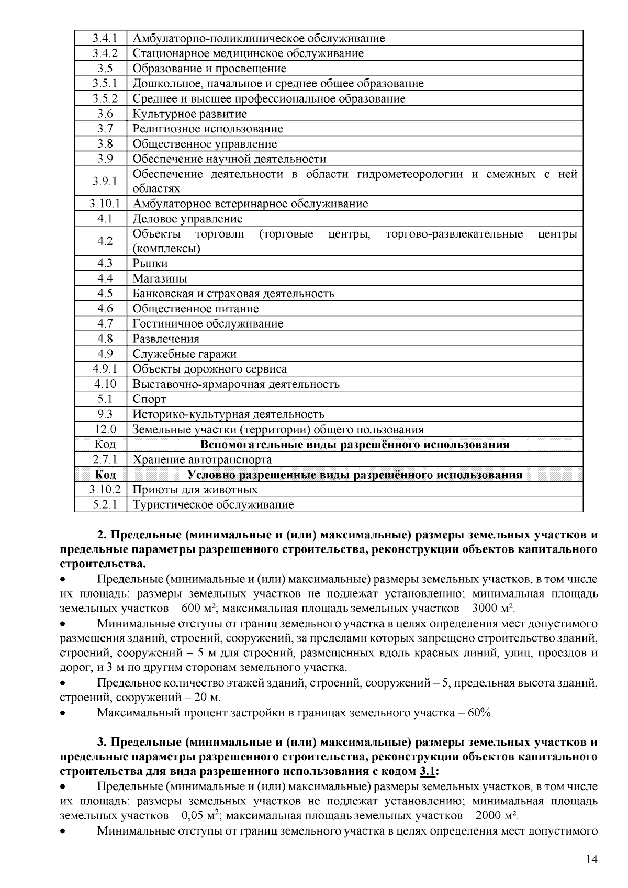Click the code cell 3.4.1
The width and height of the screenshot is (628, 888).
point(105,38)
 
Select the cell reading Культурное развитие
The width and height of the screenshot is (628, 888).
point(189,114)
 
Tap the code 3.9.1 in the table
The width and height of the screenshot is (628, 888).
point(105,181)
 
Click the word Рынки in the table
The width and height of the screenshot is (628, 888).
point(150,263)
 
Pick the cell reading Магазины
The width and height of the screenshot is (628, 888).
point(160,278)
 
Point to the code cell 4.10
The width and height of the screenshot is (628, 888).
point(105,384)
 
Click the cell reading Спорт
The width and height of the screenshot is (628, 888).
point(149,399)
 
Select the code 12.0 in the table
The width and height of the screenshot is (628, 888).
point(105,430)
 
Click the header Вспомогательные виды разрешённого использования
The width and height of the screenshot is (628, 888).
point(355,445)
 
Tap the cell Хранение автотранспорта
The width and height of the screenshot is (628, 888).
point(202,460)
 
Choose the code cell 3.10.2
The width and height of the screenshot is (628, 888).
point(105,490)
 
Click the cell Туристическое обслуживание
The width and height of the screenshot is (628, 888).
point(213,505)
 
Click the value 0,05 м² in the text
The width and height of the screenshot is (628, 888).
point(199,816)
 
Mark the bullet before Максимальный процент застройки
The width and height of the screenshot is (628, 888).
point(63,713)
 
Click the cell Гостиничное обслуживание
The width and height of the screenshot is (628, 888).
point(208,324)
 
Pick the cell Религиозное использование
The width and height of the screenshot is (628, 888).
point(208,129)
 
